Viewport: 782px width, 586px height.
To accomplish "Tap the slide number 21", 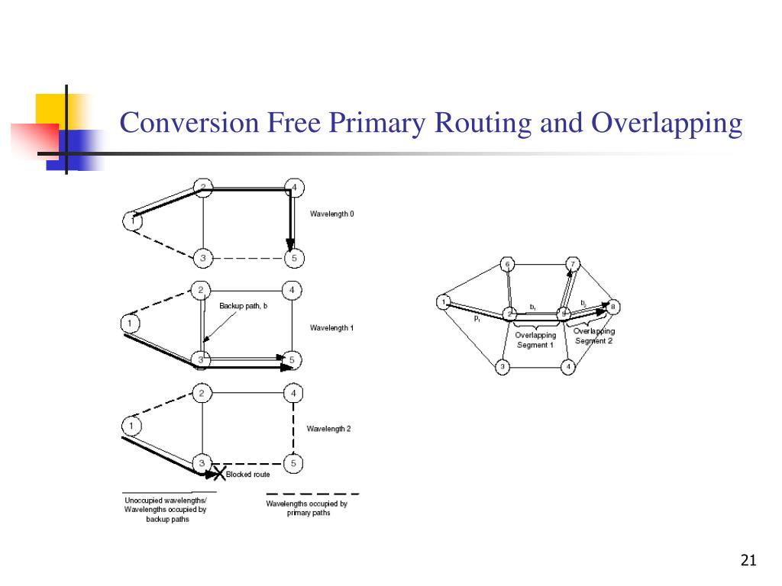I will (748, 562).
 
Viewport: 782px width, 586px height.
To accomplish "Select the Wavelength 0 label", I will (331, 214).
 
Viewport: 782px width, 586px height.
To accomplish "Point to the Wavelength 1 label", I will (331, 328).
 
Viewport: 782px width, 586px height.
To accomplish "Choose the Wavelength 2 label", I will (328, 429).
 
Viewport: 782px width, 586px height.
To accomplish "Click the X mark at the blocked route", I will (218, 474).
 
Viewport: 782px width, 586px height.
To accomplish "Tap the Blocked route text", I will (247, 475).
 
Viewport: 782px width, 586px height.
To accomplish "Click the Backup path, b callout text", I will (244, 306).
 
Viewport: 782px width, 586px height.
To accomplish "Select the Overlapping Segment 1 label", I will (535, 340).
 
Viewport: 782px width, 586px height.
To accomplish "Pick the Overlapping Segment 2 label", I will (594, 336).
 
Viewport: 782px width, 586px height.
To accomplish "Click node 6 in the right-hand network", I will (508, 265).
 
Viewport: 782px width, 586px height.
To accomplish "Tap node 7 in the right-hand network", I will (574, 264).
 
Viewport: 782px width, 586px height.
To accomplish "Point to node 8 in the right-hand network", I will (613, 307).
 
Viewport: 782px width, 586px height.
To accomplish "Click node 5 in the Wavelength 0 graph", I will (294, 259).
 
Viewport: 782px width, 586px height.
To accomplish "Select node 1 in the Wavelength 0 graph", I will (132, 221).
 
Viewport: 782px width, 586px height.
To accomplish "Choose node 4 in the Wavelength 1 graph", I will (293, 290).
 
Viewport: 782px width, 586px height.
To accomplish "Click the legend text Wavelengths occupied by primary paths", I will (306, 508).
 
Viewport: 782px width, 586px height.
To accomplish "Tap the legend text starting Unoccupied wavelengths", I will (165, 510).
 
